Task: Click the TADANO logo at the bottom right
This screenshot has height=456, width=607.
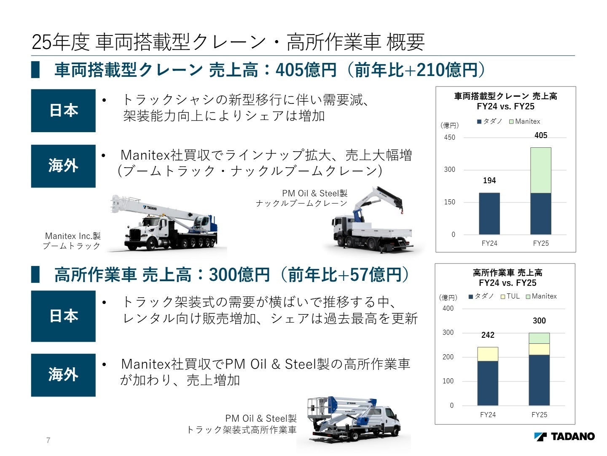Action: [x=564, y=437]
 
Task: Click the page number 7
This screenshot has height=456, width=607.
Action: [x=48, y=440]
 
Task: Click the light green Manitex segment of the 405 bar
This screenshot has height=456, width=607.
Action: [x=540, y=170]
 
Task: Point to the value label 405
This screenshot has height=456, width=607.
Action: [x=541, y=136]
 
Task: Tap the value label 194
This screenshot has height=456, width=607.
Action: [x=489, y=181]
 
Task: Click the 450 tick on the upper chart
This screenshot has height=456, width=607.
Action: [x=449, y=138]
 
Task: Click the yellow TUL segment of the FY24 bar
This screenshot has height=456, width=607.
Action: [x=488, y=354]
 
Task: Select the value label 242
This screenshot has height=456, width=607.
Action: [x=488, y=335]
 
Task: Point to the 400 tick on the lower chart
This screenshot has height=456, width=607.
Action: [x=448, y=309]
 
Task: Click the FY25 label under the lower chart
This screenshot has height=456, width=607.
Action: [x=539, y=415]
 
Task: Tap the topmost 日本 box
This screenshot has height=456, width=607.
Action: [x=63, y=111]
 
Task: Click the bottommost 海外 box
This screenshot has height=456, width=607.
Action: [x=63, y=375]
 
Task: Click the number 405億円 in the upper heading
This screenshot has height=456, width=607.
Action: [x=306, y=70]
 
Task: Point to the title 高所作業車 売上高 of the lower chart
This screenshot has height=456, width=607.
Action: [x=508, y=273]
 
